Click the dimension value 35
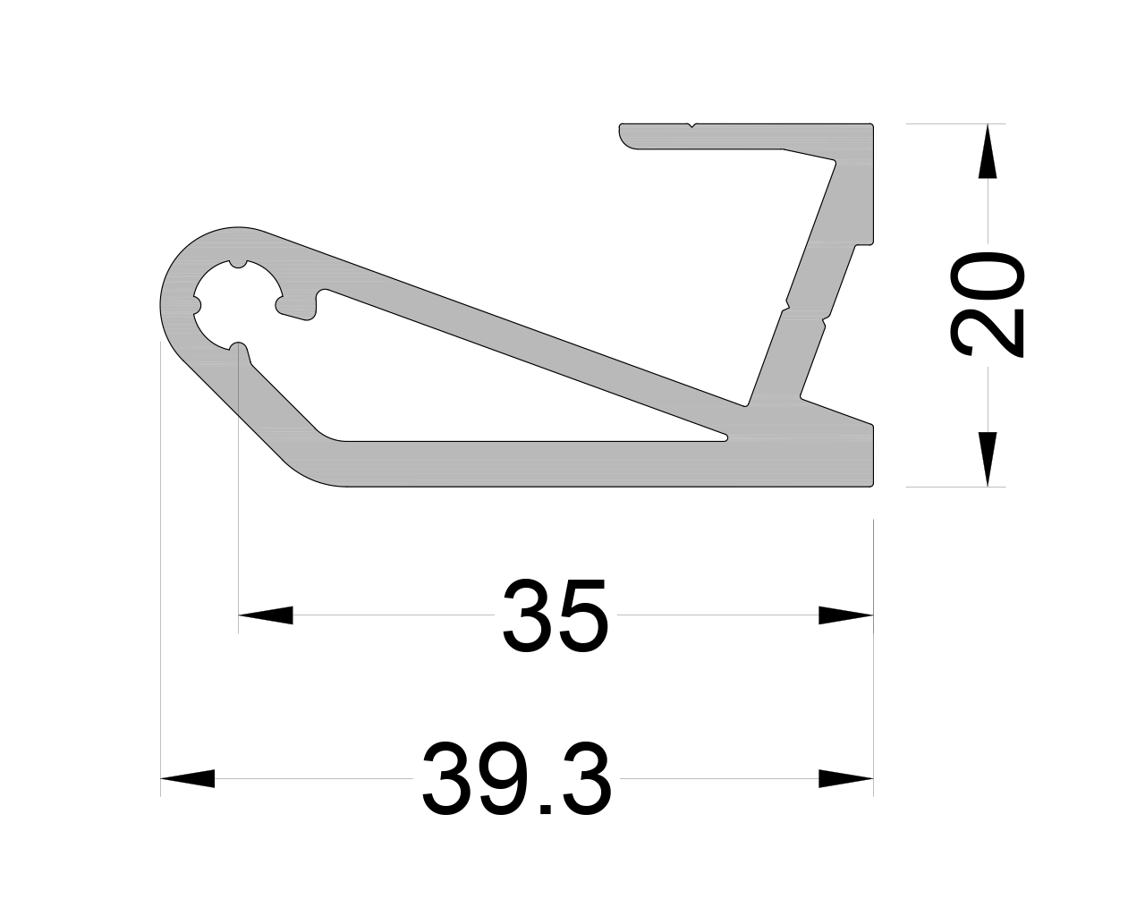coord(555,615)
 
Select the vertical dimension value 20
coord(987,304)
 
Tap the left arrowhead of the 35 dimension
coord(266,615)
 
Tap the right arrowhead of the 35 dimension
coord(846,615)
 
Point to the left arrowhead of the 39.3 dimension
coord(187,778)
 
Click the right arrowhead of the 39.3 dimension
coord(846,778)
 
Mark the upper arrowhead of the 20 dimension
coord(988,151)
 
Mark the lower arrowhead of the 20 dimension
coord(988,459)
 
